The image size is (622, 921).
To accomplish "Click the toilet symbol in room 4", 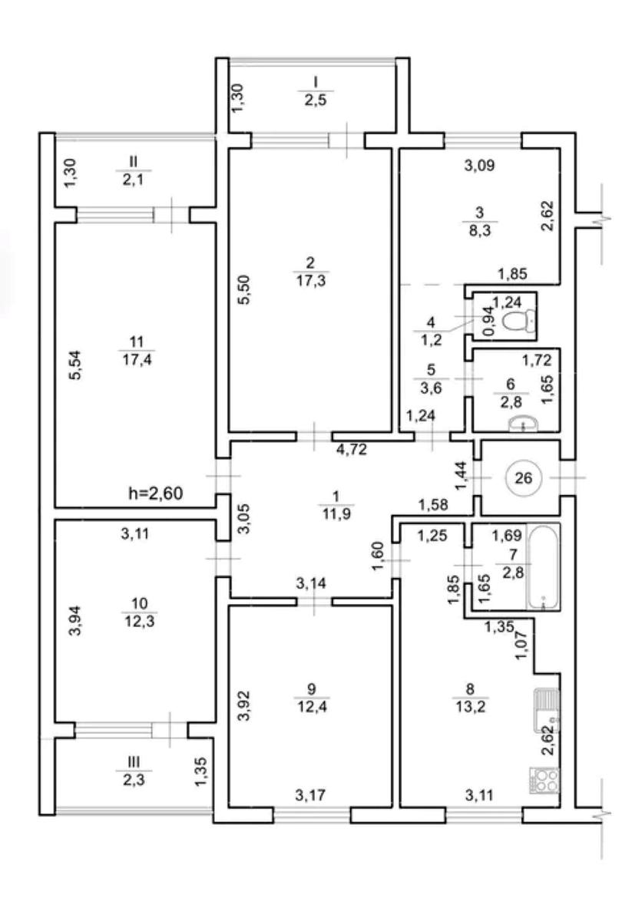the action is (x=520, y=319).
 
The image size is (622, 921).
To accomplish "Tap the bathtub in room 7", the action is (x=543, y=567).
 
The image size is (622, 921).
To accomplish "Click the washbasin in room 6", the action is (x=523, y=423).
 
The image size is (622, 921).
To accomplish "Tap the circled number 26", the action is (x=523, y=477).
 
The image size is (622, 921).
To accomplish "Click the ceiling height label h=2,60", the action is (x=156, y=493).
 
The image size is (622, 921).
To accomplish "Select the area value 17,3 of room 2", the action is (x=310, y=281).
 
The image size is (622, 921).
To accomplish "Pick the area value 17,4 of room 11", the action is (x=137, y=360).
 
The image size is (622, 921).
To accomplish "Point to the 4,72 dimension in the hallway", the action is (x=352, y=450).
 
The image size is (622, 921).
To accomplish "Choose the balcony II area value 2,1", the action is (x=134, y=180).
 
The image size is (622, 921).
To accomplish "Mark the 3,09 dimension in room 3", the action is (x=479, y=166).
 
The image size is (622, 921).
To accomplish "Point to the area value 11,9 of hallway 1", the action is (x=336, y=513).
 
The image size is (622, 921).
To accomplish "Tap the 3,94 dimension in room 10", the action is (x=76, y=620).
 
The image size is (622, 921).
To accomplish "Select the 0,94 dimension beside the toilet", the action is (x=488, y=321).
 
